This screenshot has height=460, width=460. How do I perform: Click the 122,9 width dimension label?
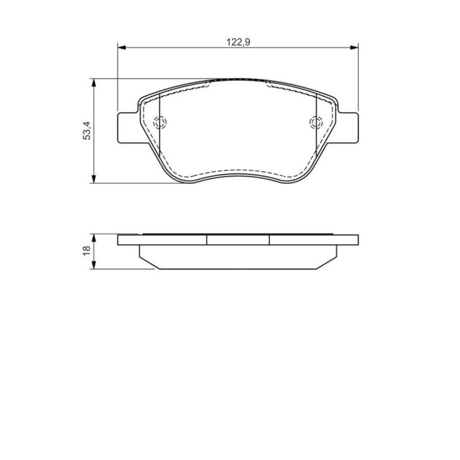(x=238, y=42)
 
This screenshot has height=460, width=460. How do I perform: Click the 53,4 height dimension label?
(x=87, y=130)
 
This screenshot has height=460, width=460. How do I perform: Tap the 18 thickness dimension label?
(x=87, y=250)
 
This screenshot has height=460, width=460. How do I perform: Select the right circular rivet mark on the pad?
(x=316, y=122)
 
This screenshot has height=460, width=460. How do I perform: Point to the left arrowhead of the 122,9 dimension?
(x=121, y=47)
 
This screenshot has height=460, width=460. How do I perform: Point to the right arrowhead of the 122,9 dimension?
(x=355, y=47)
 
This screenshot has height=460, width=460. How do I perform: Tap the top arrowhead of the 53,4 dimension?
(x=94, y=82)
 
